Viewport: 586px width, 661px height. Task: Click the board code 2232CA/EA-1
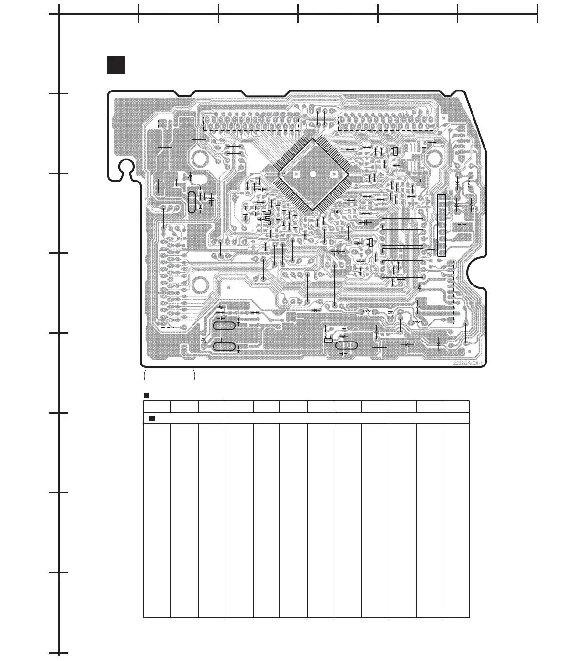coord(466,363)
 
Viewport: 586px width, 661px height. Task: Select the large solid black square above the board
coord(116,65)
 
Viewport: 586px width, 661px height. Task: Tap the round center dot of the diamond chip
coord(313,175)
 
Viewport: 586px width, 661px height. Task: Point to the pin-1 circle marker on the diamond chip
coord(283,175)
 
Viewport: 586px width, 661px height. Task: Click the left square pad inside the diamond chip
coord(296,175)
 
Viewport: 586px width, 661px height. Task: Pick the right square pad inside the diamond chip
coord(330,175)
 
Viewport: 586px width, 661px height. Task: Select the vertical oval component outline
coord(192,202)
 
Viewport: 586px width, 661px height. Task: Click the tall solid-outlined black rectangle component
coord(441,225)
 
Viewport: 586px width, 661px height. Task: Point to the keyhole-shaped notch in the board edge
coord(126,169)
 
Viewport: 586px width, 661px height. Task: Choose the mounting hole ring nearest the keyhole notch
coord(199,157)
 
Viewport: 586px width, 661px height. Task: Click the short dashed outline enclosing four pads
coord(172,124)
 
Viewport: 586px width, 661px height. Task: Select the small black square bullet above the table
coord(146,396)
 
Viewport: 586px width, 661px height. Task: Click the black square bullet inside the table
coord(152,419)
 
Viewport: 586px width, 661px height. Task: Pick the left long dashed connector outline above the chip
coord(251,123)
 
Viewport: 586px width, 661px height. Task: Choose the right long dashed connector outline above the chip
coord(386,123)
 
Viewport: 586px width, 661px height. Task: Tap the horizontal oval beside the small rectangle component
coord(346,345)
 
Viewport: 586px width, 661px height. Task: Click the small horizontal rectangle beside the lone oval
coord(328,341)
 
